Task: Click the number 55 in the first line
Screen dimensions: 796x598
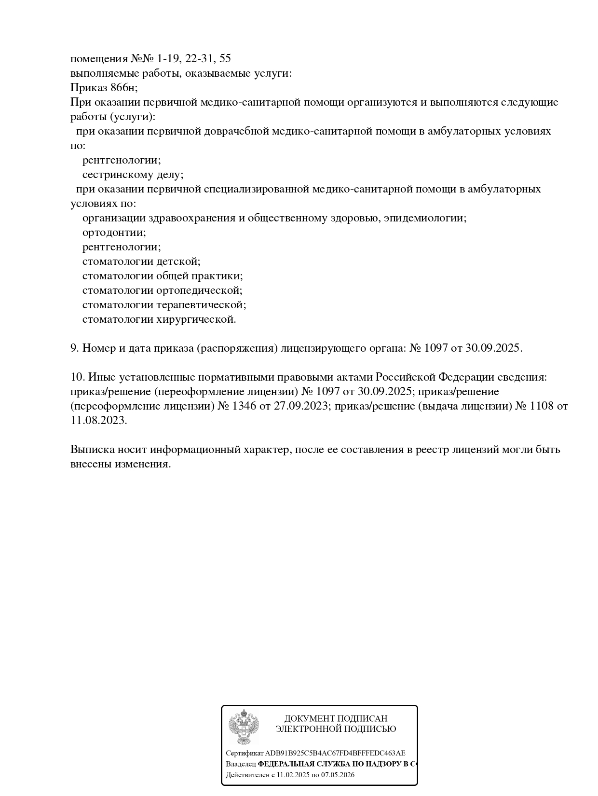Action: coord(225,59)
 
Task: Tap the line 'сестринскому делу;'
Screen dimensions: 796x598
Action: coord(133,175)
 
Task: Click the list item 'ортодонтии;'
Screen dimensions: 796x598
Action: coord(114,233)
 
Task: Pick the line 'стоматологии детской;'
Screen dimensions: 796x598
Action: coord(141,261)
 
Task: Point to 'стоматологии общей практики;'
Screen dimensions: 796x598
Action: coord(162,276)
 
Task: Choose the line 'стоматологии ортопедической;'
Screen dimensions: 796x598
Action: coord(162,290)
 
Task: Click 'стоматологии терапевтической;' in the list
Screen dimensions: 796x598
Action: coord(164,305)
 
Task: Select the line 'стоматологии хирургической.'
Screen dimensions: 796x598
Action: coord(159,319)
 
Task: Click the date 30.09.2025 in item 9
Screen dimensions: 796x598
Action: coord(493,348)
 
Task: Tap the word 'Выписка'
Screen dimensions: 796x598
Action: coord(92,450)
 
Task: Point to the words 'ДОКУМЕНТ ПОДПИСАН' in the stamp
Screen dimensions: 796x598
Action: coord(336,719)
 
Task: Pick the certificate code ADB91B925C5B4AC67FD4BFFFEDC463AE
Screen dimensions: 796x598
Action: coord(335,753)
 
